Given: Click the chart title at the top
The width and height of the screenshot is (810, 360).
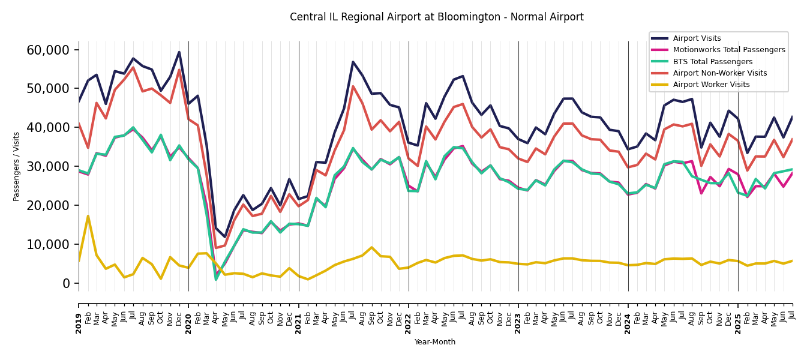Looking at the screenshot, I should pyautogui.click(x=436, y=17).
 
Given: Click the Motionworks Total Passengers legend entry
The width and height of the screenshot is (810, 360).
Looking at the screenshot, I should pyautogui.click(x=728, y=50).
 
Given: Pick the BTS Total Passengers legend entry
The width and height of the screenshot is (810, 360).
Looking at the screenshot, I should pyautogui.click(x=712, y=62).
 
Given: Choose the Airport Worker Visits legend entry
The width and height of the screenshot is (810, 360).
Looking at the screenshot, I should pyautogui.click(x=711, y=85).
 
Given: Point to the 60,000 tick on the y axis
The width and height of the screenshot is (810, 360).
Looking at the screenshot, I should pyautogui.click(x=48, y=50).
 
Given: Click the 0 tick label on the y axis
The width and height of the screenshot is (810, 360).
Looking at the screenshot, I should pyautogui.click(x=67, y=283).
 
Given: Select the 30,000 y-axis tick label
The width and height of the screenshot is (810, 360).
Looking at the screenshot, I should pyautogui.click(x=48, y=166).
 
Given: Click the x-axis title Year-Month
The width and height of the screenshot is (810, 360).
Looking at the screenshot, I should pyautogui.click(x=435, y=342).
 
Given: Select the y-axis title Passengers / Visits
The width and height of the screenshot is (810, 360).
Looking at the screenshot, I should pyautogui.click(x=17, y=166).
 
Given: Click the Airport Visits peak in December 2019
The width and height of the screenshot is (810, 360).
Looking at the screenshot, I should pyautogui.click(x=179, y=52).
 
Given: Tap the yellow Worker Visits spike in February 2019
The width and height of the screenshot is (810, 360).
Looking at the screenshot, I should pyautogui.click(x=88, y=216).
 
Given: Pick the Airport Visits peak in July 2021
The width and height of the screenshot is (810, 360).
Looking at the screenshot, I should pyautogui.click(x=353, y=62).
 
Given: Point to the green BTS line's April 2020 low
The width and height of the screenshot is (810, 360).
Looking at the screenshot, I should pyautogui.click(x=216, y=280).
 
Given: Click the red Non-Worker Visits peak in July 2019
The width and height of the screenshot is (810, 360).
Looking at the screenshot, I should pyautogui.click(x=133, y=67).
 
